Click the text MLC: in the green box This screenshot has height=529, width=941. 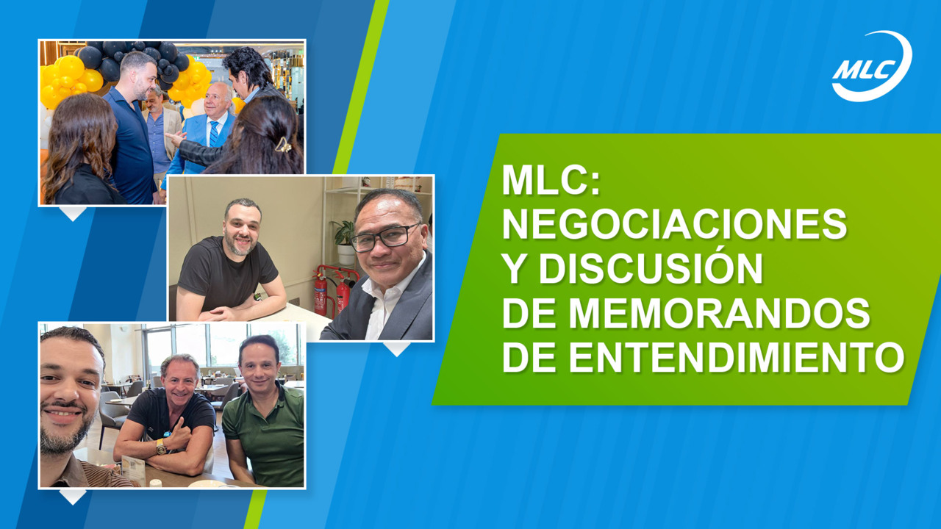coord(551,181)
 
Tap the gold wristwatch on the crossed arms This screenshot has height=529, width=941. coord(161,447)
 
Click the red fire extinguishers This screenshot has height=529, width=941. coord(332,290)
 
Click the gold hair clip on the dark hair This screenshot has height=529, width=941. coord(283,145)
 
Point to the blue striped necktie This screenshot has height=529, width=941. coord(214,134)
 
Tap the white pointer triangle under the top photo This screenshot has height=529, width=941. coord(73,212)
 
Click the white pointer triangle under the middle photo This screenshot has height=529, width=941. coord(397,348)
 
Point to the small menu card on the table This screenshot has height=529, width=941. coord(133,469)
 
